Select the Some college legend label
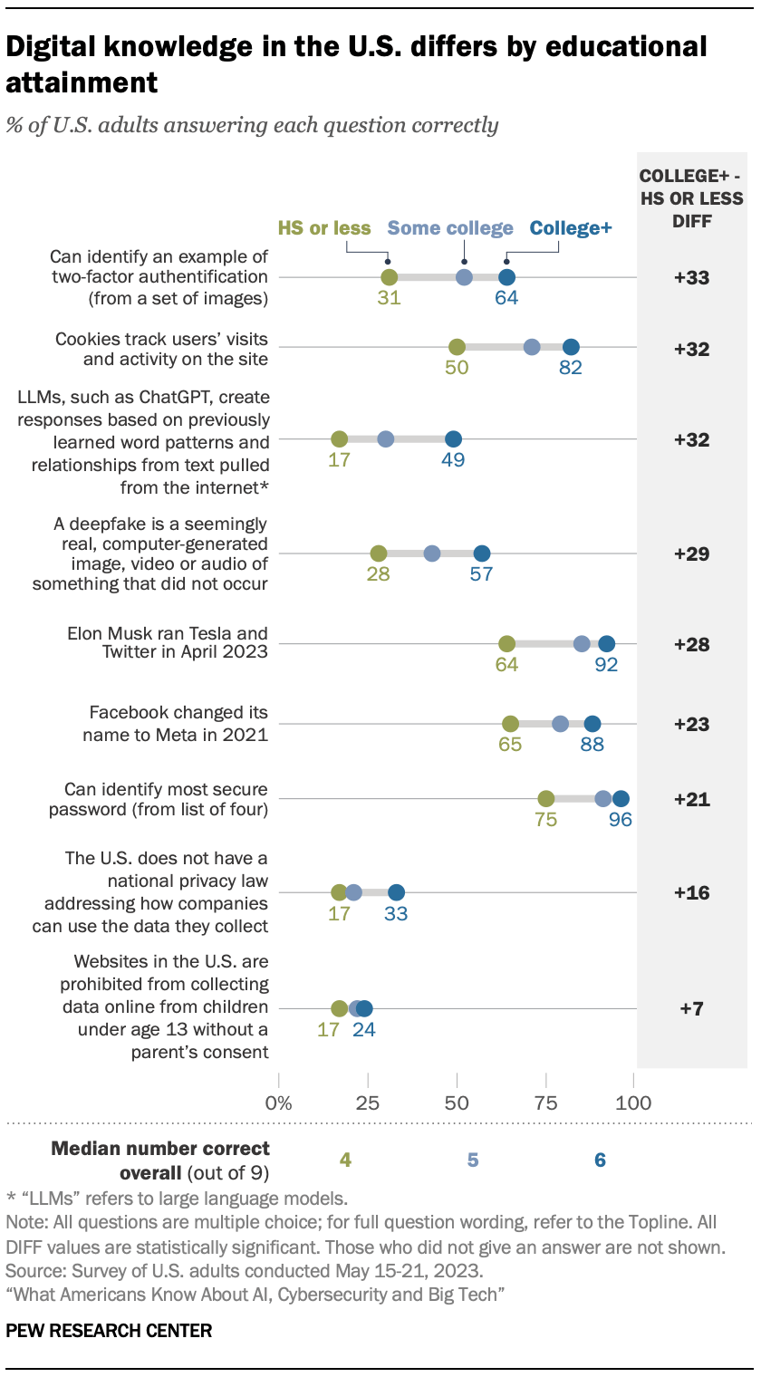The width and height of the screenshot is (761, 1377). pos(450,228)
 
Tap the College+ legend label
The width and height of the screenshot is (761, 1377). pos(571,228)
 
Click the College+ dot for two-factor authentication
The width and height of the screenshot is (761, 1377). pos(506,277)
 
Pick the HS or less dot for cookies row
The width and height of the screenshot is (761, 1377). pos(458,347)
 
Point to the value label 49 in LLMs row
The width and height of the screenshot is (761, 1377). pos(453,459)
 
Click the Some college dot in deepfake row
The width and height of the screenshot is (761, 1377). pos(432,554)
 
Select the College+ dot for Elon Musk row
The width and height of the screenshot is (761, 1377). pos(606,644)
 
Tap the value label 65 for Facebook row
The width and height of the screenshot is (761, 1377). pos(510,746)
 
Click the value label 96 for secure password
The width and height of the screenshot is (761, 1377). pos(621,820)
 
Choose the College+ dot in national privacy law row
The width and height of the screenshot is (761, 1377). pos(396,892)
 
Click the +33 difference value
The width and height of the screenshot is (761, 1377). pos(691,278)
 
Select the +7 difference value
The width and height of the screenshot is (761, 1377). pos(691,1008)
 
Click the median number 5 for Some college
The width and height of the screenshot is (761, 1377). pos(473,1159)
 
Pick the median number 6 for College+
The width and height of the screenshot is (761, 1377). pos(600,1159)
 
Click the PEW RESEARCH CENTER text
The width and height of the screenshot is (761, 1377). pos(109,1330)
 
